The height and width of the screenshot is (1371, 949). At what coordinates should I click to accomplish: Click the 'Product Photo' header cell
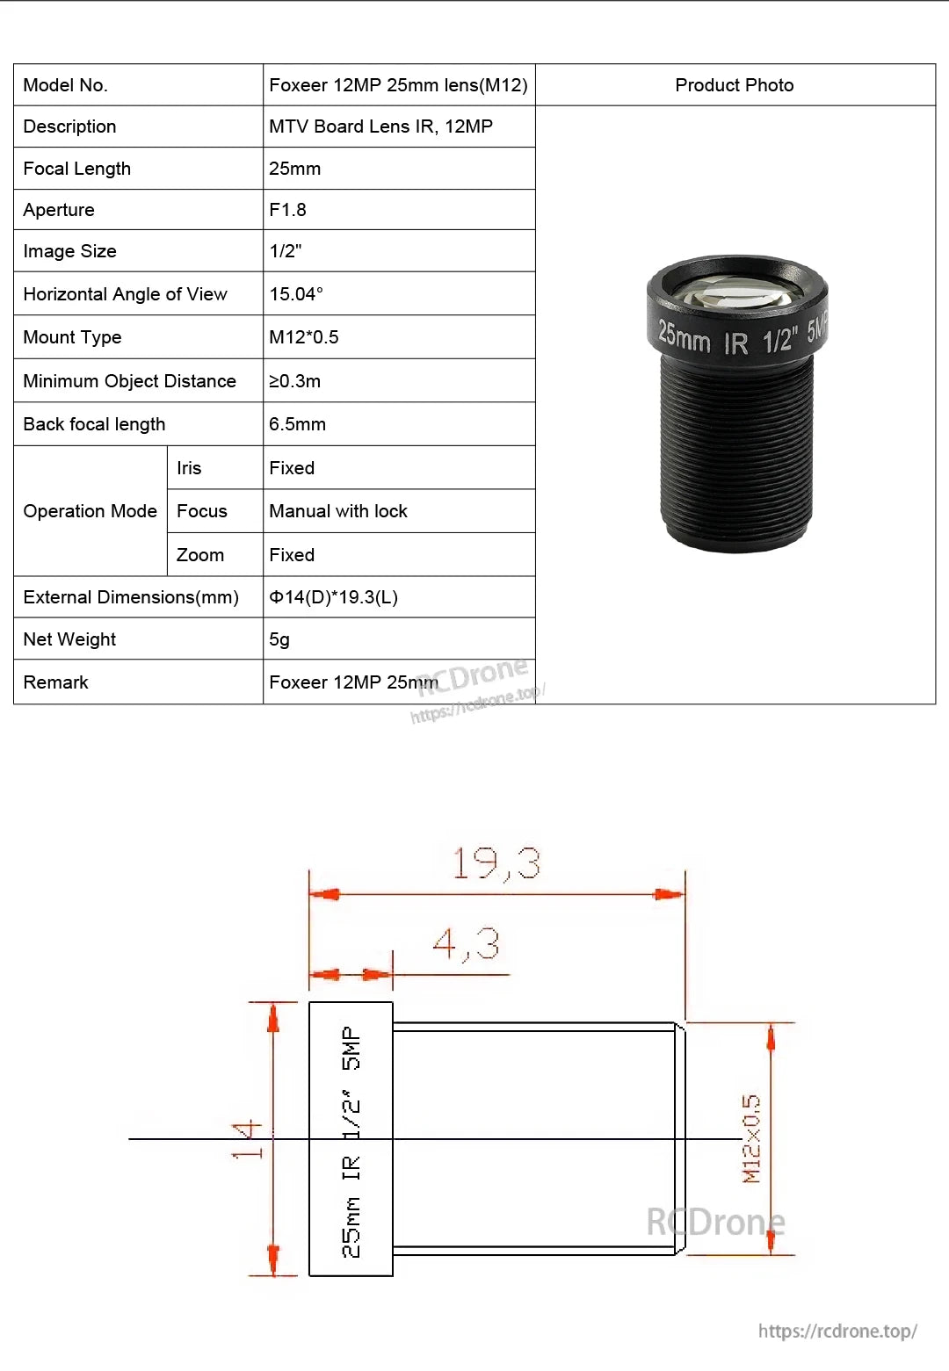click(734, 85)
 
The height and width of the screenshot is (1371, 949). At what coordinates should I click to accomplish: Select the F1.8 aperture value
click(288, 210)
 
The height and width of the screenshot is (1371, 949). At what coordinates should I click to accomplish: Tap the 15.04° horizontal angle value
click(296, 294)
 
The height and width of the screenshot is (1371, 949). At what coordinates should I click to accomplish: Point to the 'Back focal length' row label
click(94, 424)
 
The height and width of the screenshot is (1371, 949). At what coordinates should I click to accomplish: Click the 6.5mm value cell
click(297, 424)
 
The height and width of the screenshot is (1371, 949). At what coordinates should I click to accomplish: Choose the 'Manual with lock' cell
click(338, 511)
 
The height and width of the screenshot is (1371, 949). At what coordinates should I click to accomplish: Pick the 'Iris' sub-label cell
click(189, 468)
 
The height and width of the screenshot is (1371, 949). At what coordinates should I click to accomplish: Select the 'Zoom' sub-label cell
click(200, 555)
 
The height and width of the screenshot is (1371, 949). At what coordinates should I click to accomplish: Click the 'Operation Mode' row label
click(90, 511)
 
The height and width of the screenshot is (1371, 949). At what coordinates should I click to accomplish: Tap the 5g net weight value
click(279, 639)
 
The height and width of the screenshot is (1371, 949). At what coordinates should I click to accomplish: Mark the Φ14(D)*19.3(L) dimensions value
click(333, 597)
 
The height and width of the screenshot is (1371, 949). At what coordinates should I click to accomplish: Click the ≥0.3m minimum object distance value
click(294, 381)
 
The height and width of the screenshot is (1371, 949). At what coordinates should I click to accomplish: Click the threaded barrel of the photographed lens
click(736, 439)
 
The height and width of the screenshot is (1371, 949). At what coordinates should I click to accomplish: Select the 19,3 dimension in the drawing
click(496, 863)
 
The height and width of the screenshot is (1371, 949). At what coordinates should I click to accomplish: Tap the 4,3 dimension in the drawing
click(466, 945)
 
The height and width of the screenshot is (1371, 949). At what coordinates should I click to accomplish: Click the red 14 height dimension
click(248, 1139)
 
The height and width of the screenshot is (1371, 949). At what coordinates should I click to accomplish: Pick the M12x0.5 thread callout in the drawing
click(752, 1139)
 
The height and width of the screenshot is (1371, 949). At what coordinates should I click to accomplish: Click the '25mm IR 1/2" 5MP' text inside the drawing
click(351, 1141)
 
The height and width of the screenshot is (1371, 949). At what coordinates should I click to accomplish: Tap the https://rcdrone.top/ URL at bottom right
click(837, 1331)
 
